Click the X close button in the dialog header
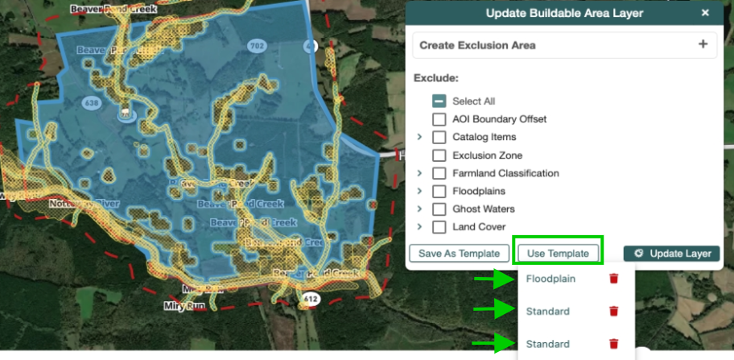point(705,13)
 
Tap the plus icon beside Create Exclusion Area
point(703,44)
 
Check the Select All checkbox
point(439,101)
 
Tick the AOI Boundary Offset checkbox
point(439,119)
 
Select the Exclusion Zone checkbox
point(439,155)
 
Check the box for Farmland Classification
point(439,173)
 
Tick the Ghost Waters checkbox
point(439,209)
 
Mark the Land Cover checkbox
point(439,227)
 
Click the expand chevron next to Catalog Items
point(419,138)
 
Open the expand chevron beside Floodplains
point(419,192)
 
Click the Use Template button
point(558,253)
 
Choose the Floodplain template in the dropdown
point(551,279)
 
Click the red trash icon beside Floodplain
point(613,279)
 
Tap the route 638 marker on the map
point(89,103)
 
